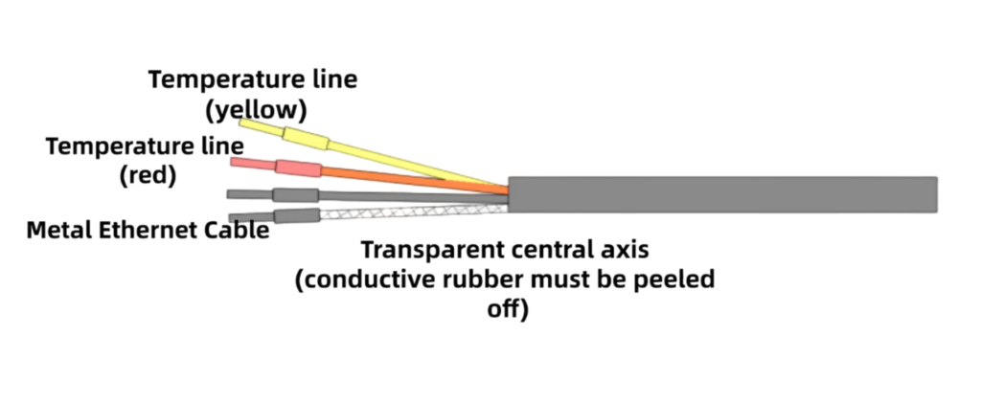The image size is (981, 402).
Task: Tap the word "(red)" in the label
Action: click(148, 176)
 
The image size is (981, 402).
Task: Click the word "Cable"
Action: click(237, 231)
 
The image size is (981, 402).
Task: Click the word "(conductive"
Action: click(357, 281)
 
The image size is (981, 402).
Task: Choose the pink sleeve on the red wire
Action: click(298, 169)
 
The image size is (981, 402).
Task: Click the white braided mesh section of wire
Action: click(402, 210)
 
